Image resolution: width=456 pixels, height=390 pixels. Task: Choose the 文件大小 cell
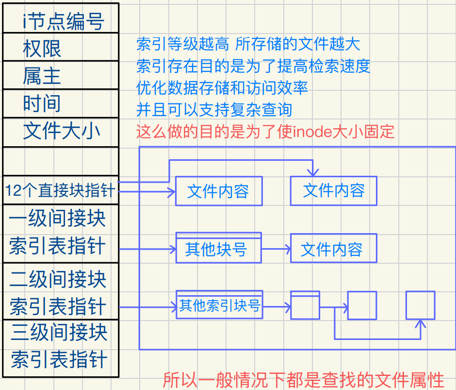(x=62, y=132)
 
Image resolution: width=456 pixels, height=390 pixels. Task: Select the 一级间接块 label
(x=58, y=218)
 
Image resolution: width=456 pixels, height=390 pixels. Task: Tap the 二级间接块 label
(x=58, y=279)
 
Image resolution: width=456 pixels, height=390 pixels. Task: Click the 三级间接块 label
(x=59, y=333)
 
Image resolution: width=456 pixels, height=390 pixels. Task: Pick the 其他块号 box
(x=218, y=250)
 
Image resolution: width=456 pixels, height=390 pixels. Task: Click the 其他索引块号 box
(x=219, y=306)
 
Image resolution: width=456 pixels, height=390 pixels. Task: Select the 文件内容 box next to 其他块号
(x=333, y=250)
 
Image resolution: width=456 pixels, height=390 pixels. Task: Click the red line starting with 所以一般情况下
(x=304, y=379)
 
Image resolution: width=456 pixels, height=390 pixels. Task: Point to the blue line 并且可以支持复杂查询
(x=214, y=110)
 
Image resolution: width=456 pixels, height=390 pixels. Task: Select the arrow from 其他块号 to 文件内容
(x=276, y=250)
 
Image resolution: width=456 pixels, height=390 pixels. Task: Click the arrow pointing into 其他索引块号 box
(x=147, y=307)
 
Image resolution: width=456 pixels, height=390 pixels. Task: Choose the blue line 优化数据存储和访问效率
(x=222, y=88)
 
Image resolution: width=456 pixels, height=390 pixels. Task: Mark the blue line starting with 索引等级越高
(x=248, y=45)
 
